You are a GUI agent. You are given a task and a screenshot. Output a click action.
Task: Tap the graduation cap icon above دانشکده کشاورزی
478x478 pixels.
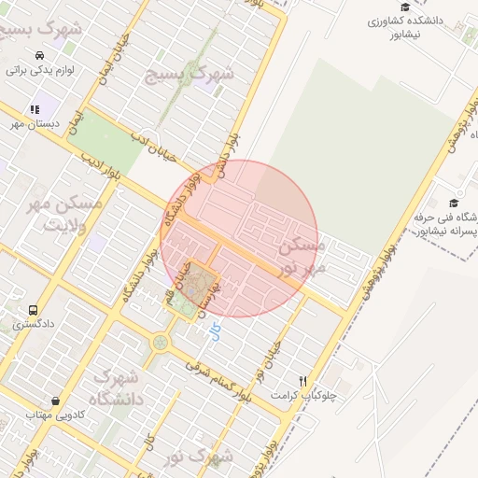click(x=404, y=7)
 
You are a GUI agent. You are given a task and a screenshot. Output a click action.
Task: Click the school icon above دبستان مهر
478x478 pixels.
click(x=35, y=109)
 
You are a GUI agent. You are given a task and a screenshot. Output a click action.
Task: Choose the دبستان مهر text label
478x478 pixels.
click(x=35, y=123)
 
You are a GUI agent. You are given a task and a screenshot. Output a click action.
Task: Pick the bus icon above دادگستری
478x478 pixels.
click(x=34, y=310)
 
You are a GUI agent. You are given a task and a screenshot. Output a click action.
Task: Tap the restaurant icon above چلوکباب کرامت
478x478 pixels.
click(x=302, y=381)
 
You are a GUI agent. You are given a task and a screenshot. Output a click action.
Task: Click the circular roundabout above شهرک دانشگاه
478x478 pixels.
click(x=160, y=342)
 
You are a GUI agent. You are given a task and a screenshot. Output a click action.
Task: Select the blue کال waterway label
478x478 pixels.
click(x=215, y=331)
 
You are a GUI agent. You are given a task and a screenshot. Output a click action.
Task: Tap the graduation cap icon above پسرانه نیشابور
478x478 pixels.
click(x=454, y=203)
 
